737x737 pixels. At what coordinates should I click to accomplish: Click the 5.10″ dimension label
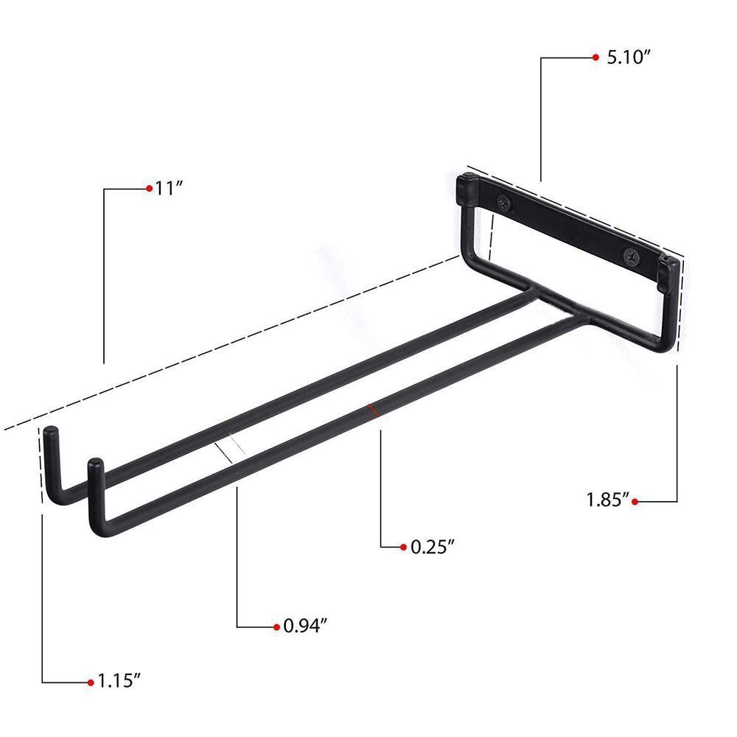click(628, 57)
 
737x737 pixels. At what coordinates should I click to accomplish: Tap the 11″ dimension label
click(169, 188)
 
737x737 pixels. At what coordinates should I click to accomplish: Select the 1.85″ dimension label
click(607, 501)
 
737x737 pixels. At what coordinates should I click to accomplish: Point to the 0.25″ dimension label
click(432, 547)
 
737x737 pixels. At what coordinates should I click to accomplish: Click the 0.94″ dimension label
click(305, 626)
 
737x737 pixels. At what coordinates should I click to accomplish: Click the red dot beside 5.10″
click(595, 57)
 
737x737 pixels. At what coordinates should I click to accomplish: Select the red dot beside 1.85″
click(635, 501)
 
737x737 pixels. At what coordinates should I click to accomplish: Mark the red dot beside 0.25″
click(403, 547)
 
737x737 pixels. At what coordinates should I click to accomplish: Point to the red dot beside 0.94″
click(276, 626)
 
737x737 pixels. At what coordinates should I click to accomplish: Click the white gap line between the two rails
click(229, 449)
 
